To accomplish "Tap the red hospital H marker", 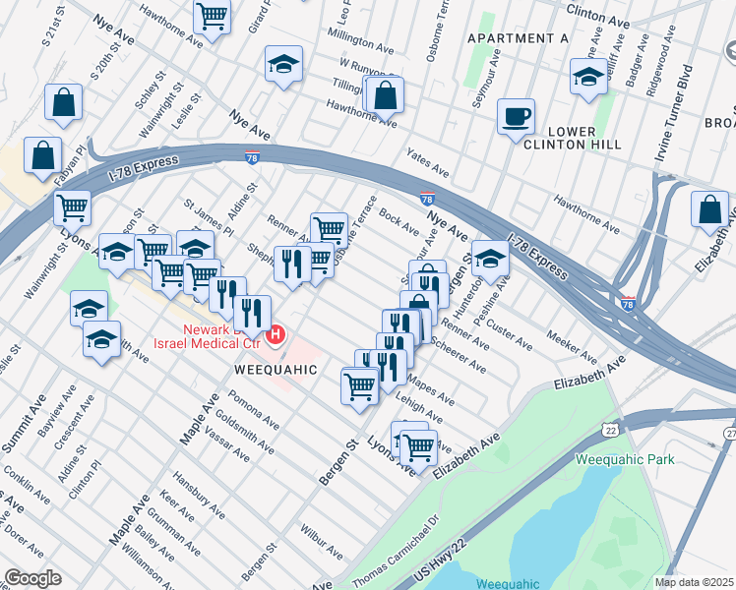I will [276, 335].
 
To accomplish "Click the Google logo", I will [31, 578].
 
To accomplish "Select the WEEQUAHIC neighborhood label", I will [276, 370].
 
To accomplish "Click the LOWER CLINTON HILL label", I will [572, 138].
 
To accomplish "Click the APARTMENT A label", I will [519, 38].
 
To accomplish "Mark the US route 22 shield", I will [610, 429].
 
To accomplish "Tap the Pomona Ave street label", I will [253, 411].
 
